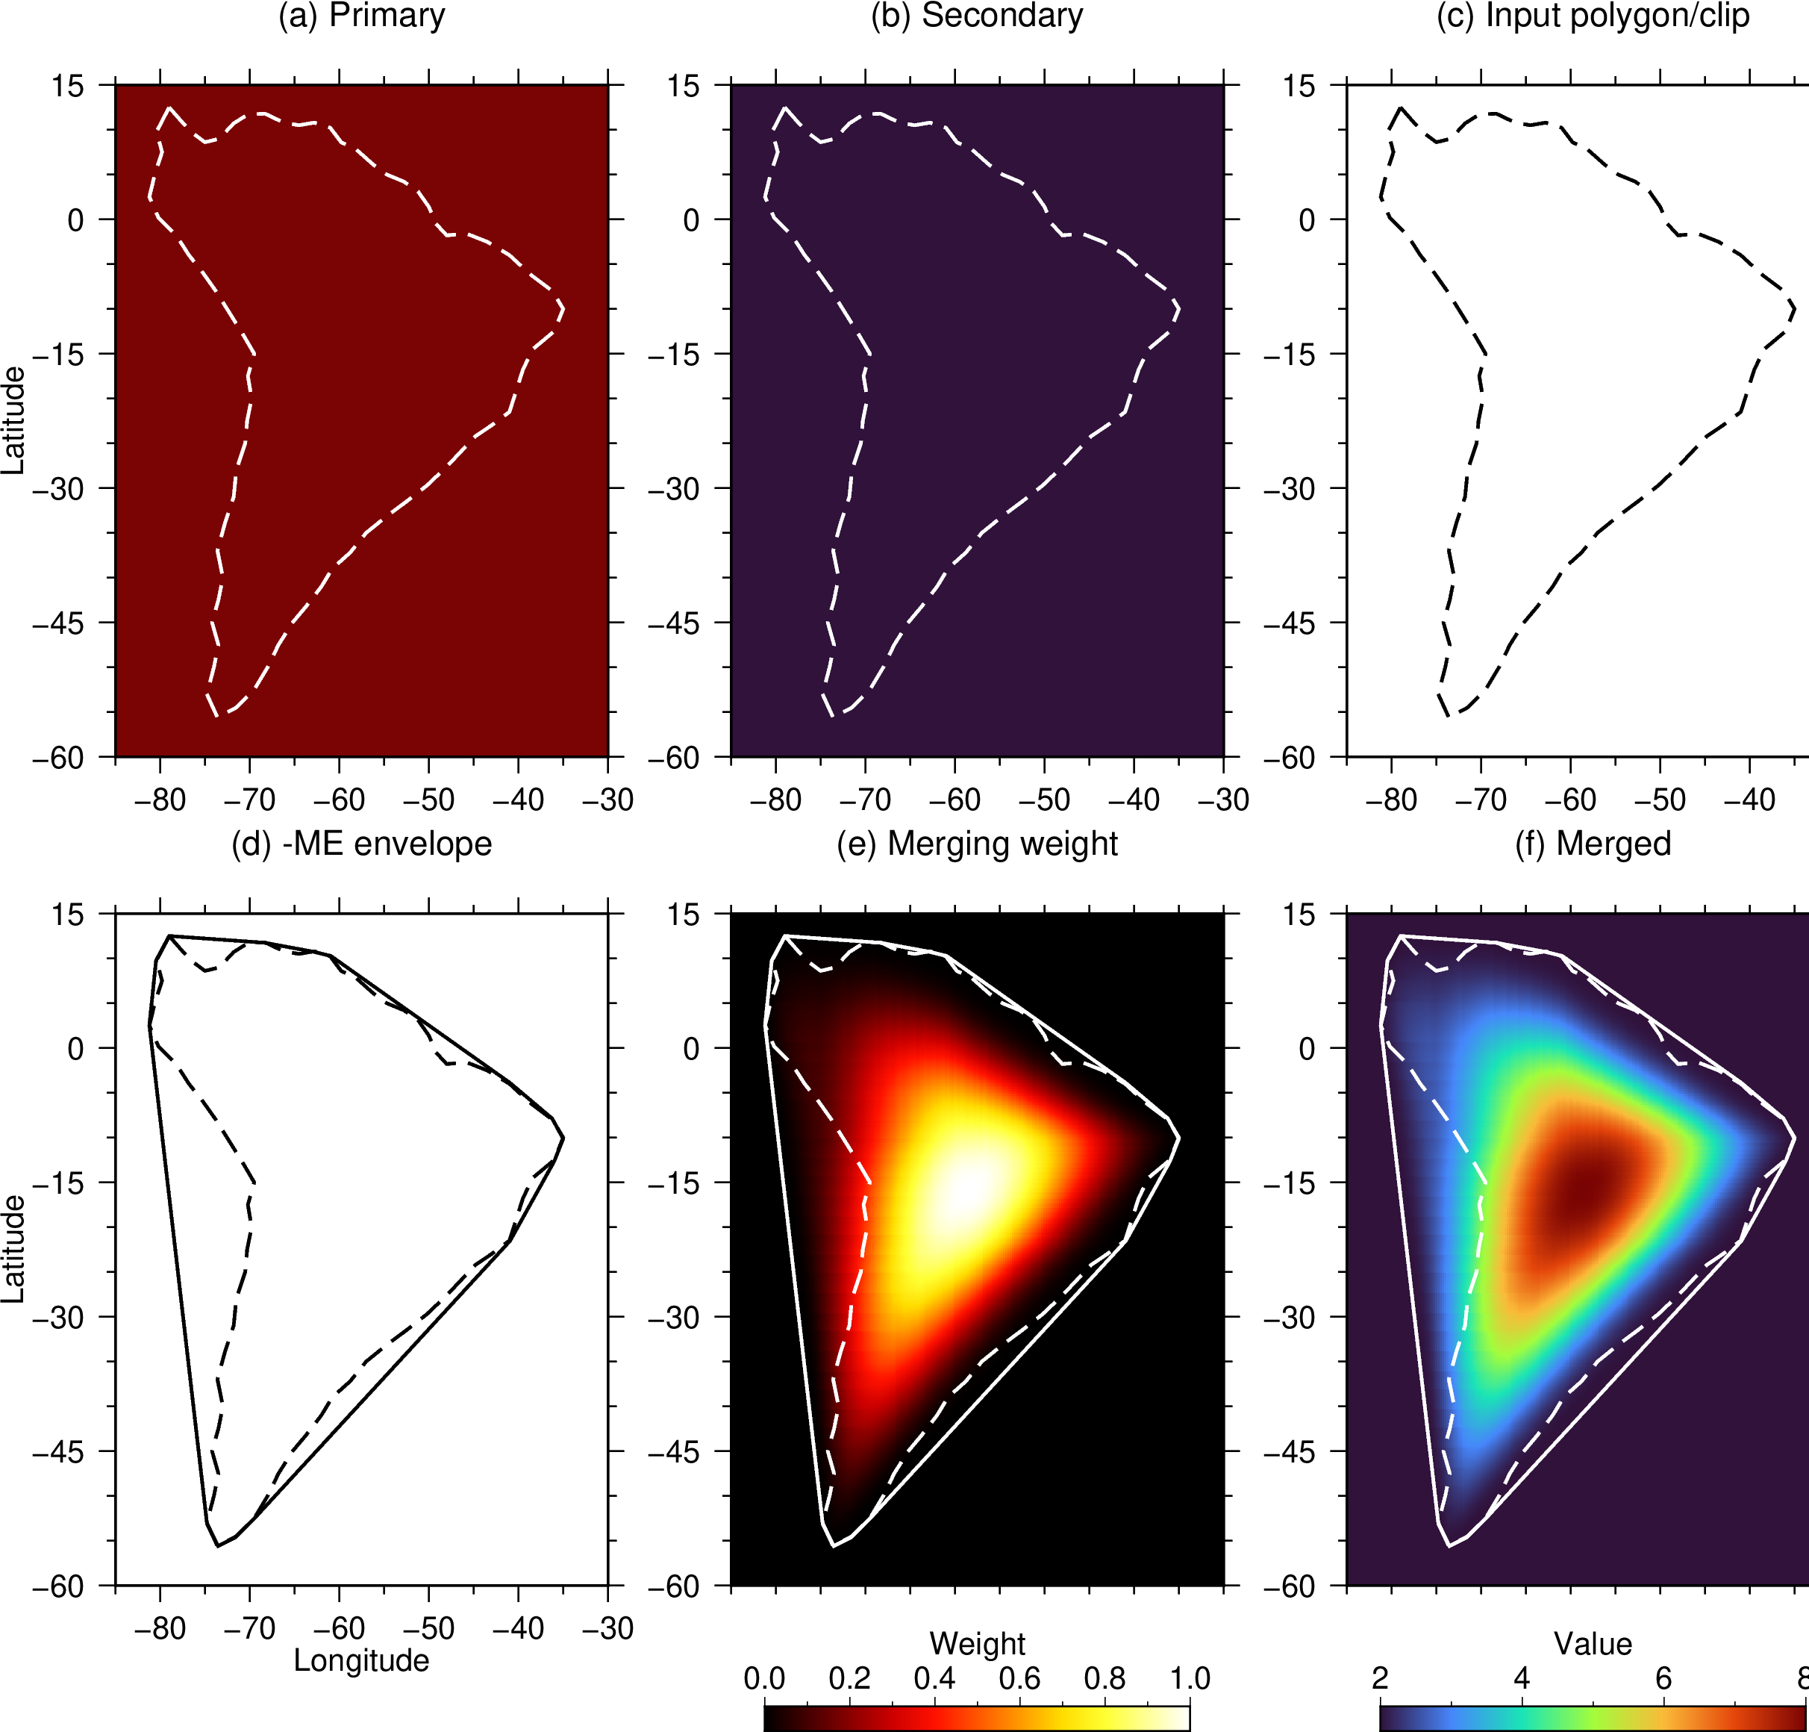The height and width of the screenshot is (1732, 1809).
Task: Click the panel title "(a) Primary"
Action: pyautogui.click(x=362, y=16)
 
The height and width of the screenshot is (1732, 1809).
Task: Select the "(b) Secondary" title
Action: pyautogui.click(x=978, y=16)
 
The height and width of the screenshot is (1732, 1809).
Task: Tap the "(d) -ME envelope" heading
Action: pyautogui.click(x=362, y=844)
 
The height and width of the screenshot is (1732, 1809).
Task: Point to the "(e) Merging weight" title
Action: pyautogui.click(x=978, y=844)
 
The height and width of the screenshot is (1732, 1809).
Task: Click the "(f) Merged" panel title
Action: pyautogui.click(x=1593, y=844)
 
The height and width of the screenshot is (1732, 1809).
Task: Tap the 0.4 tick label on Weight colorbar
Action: pyautogui.click(x=934, y=1678)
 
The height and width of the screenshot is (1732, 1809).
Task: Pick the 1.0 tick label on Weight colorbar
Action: pyautogui.click(x=1190, y=1678)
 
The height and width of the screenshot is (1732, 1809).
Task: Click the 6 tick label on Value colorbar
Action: pyautogui.click(x=1663, y=1678)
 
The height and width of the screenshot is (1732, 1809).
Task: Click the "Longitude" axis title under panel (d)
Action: pyautogui.click(x=362, y=1661)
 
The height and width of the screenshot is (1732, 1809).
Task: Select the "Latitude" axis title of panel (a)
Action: pyautogui.click(x=13, y=421)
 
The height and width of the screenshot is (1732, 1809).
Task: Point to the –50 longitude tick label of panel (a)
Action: pyautogui.click(x=428, y=800)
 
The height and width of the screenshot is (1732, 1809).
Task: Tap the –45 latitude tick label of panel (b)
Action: pyautogui.click(x=674, y=623)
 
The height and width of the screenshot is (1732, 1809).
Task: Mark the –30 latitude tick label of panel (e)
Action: pyautogui.click(x=674, y=1318)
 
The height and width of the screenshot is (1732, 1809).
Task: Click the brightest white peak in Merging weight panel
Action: pyautogui.click(x=964, y=1189)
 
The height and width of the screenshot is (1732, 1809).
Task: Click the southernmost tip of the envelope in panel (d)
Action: pyautogui.click(x=218, y=1546)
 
